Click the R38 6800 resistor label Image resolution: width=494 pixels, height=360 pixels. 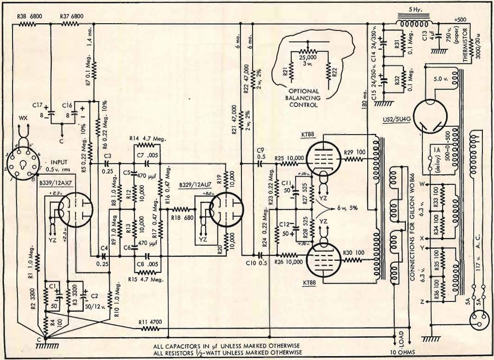(30, 16)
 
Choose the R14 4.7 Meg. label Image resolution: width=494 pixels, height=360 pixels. (147, 139)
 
